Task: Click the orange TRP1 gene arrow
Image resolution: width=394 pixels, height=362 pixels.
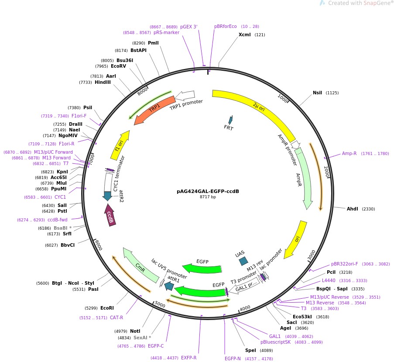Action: (x=154, y=110)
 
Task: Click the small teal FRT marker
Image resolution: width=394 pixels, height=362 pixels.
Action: (x=230, y=120)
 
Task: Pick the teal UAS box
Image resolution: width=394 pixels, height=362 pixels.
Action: (x=243, y=261)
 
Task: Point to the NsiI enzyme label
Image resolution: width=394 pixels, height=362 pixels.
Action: (x=317, y=93)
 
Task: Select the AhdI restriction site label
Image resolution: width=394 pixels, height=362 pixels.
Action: (x=352, y=209)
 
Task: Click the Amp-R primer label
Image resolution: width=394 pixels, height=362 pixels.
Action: (x=349, y=153)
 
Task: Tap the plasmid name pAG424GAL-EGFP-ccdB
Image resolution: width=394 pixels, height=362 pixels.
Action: (x=208, y=191)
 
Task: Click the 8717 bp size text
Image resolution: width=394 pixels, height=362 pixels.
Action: (x=208, y=197)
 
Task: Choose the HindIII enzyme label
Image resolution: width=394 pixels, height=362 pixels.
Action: (x=103, y=82)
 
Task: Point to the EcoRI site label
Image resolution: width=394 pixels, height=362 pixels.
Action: (x=107, y=308)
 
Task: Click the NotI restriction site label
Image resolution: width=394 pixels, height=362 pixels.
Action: (x=135, y=331)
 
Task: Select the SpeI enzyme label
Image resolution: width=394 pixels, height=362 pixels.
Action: (x=250, y=350)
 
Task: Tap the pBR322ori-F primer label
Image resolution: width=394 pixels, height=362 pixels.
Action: (x=344, y=264)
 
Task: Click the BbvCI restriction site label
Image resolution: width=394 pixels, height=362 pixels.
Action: (x=68, y=245)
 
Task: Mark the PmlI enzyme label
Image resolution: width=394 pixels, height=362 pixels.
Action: (x=153, y=43)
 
